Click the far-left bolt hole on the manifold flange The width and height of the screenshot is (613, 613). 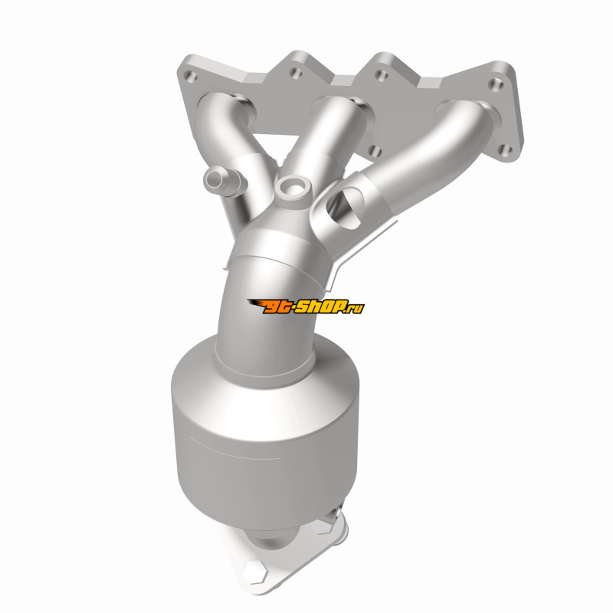pyautogui.click(x=190, y=76)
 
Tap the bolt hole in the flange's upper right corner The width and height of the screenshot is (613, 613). pyautogui.click(x=496, y=84)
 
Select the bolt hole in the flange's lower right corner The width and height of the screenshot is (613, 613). pyautogui.click(x=506, y=149)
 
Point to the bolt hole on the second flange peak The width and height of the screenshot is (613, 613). pyautogui.click(x=296, y=73)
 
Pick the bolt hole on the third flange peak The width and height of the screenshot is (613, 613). pyautogui.click(x=381, y=74)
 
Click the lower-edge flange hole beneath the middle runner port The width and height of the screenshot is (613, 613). pyautogui.click(x=375, y=151)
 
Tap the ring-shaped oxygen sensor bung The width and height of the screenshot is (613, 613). pyautogui.click(x=293, y=188)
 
